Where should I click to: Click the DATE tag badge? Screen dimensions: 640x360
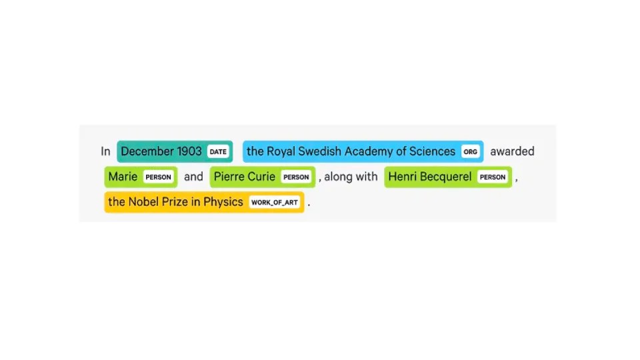218,151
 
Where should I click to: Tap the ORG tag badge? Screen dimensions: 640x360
471,151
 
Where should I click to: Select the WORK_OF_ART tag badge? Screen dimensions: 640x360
275,202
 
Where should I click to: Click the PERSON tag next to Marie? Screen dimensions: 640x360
159,177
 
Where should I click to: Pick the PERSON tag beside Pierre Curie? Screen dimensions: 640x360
296,177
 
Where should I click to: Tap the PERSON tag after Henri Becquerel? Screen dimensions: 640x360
493,177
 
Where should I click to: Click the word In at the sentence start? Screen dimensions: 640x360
105,151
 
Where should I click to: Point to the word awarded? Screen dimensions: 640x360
512,151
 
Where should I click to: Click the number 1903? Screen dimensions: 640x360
189,151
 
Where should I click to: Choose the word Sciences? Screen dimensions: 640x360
432,151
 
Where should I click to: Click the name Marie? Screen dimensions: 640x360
123,177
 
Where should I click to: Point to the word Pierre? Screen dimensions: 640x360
229,177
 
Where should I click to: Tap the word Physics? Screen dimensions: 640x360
223,202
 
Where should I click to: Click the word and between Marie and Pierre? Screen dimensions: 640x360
193,177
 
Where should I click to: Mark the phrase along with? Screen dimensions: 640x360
351,177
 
